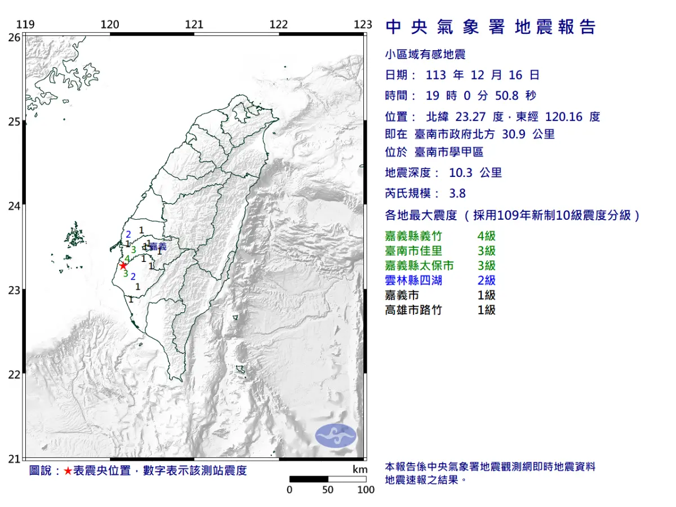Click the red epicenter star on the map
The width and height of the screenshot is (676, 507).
(x=123, y=265)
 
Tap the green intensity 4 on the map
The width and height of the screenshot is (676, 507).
(x=127, y=259)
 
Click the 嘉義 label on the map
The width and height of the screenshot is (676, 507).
(x=158, y=246)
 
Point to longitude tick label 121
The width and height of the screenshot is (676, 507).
(x=194, y=24)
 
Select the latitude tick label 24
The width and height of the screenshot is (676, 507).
(x=15, y=206)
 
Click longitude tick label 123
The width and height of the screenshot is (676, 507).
(x=363, y=24)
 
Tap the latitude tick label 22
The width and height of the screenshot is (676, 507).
(x=15, y=375)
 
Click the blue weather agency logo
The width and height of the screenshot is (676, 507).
(x=336, y=436)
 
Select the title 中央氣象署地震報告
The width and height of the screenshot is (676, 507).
(x=490, y=26)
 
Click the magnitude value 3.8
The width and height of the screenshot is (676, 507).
(x=458, y=193)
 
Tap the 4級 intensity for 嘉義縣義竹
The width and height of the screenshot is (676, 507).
(x=486, y=236)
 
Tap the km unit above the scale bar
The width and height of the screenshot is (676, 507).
(x=360, y=470)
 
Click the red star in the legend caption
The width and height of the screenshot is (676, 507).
(x=68, y=471)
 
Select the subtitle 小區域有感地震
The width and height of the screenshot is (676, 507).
(x=425, y=55)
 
